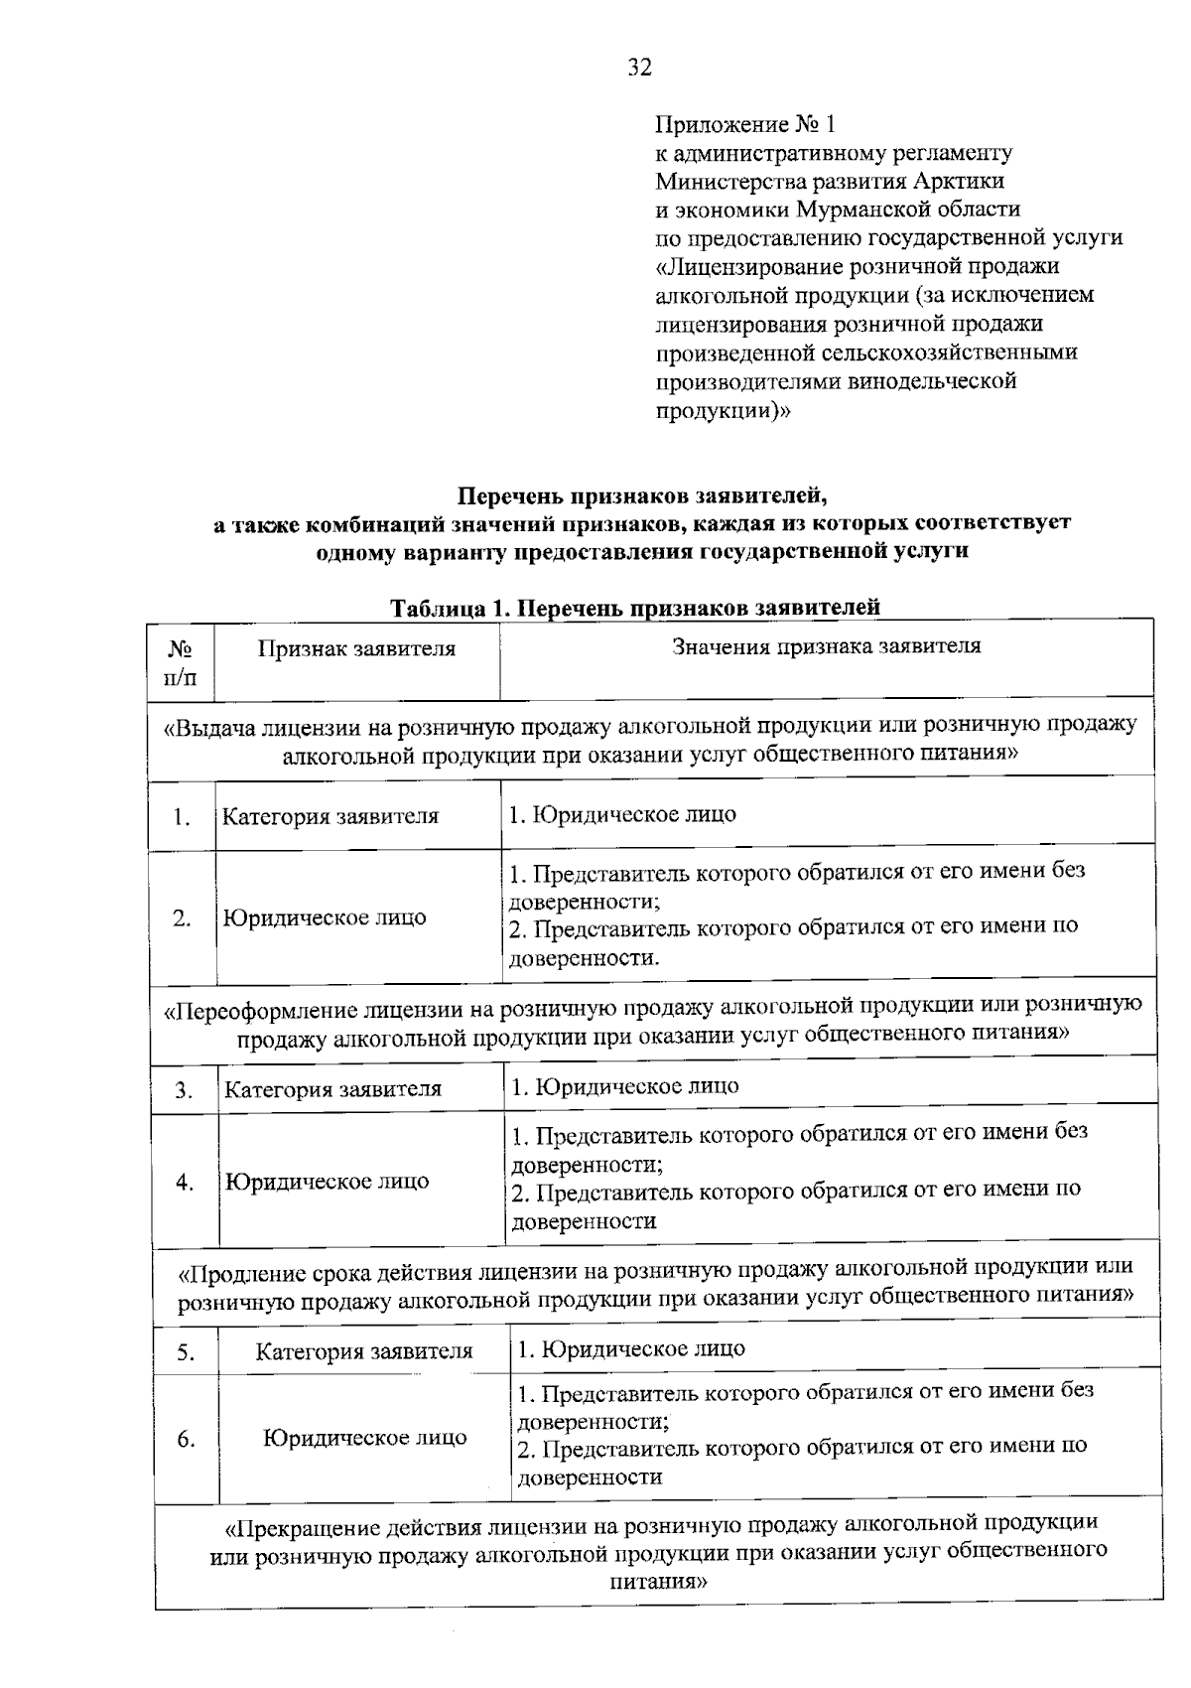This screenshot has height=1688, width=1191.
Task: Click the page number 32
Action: [x=639, y=68]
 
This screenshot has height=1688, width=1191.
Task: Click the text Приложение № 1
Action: [x=746, y=124]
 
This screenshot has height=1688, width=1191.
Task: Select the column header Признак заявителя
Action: [x=356, y=649]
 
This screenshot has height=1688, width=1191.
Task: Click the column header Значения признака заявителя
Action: [x=826, y=646]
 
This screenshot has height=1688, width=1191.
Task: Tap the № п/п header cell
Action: [x=180, y=663]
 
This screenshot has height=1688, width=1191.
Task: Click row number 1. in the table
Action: [x=181, y=818]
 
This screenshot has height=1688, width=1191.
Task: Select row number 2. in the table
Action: [x=181, y=918]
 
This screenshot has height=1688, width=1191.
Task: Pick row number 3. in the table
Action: [x=184, y=1090]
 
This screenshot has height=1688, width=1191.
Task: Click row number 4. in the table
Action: [x=185, y=1183]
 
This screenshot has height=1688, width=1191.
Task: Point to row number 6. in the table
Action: [x=186, y=1440]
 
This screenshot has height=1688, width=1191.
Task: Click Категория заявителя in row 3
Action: [x=332, y=1089]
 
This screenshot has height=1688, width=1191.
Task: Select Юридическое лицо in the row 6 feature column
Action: [x=364, y=1438]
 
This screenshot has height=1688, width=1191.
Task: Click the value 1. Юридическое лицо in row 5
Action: [x=631, y=1348]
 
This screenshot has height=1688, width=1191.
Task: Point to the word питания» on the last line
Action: [x=657, y=1580]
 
